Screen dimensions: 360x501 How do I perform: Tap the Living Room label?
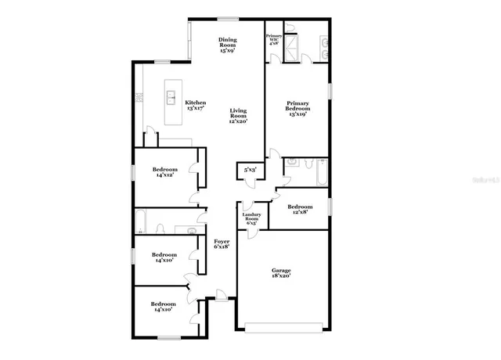(239, 116)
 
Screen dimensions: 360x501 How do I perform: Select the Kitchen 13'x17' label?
(195, 106)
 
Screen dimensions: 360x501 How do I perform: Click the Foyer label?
(222, 245)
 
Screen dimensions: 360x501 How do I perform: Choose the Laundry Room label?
(251, 218)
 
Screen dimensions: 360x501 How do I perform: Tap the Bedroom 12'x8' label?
(300, 210)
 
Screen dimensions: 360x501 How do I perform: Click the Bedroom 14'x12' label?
(164, 172)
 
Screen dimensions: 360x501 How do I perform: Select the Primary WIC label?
(273, 39)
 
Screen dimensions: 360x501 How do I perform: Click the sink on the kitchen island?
(171, 98)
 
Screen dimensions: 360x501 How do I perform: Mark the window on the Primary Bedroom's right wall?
(330, 90)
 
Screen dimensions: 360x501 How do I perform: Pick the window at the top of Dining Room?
(228, 19)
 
